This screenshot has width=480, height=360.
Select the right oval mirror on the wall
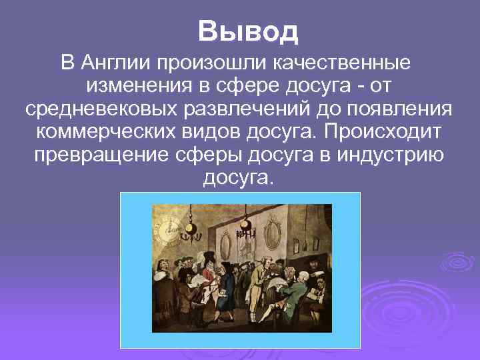coord(272,233)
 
